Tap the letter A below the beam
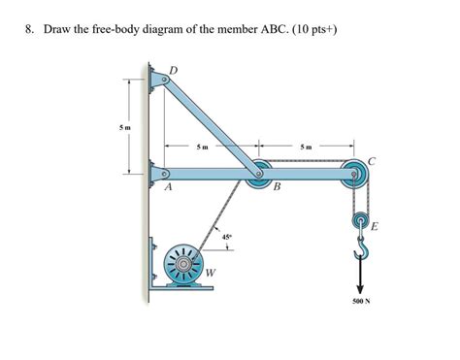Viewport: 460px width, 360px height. [x=168, y=190]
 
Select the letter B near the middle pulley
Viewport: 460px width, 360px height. [x=276, y=188]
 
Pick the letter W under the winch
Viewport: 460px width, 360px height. [x=211, y=283]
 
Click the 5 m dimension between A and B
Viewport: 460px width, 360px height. [x=200, y=147]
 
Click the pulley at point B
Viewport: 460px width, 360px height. [x=258, y=176]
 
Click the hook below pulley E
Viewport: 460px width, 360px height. [x=360, y=253]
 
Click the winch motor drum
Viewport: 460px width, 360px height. [x=181, y=261]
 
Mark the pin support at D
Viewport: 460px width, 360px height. [x=156, y=74]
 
